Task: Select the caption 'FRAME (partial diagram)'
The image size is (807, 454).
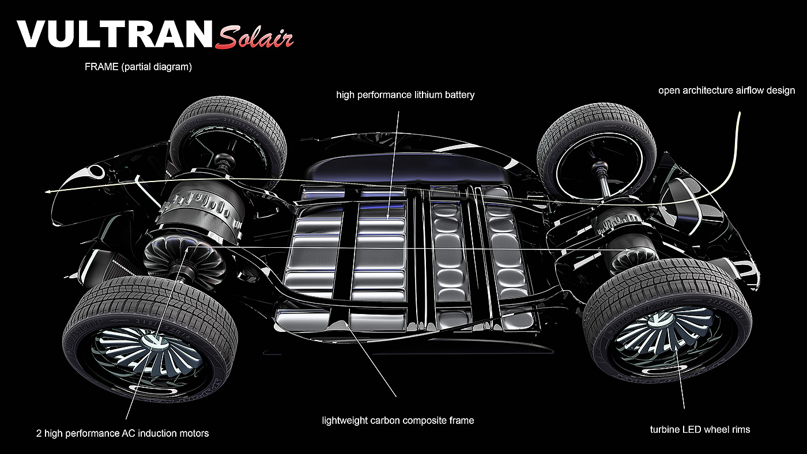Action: click(138, 67)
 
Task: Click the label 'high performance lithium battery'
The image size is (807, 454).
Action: click(405, 94)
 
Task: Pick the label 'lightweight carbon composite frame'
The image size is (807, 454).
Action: click(398, 420)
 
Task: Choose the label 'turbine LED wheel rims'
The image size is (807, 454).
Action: click(700, 429)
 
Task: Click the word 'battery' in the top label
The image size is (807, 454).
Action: click(459, 94)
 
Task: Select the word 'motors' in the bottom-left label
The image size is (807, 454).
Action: click(194, 433)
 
